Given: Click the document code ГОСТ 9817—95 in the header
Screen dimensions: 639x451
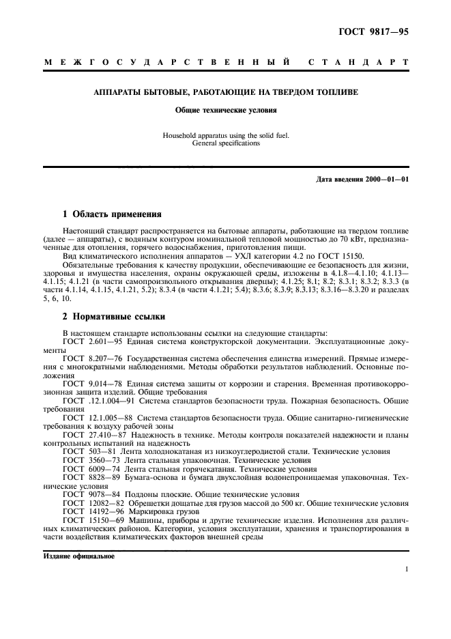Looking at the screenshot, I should [375, 31].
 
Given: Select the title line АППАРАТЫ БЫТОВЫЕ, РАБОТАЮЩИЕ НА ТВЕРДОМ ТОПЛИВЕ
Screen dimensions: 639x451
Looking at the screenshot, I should [225, 91].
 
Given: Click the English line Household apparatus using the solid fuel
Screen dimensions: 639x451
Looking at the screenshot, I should [225, 135].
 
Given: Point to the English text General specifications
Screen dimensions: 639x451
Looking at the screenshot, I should [225, 143].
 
